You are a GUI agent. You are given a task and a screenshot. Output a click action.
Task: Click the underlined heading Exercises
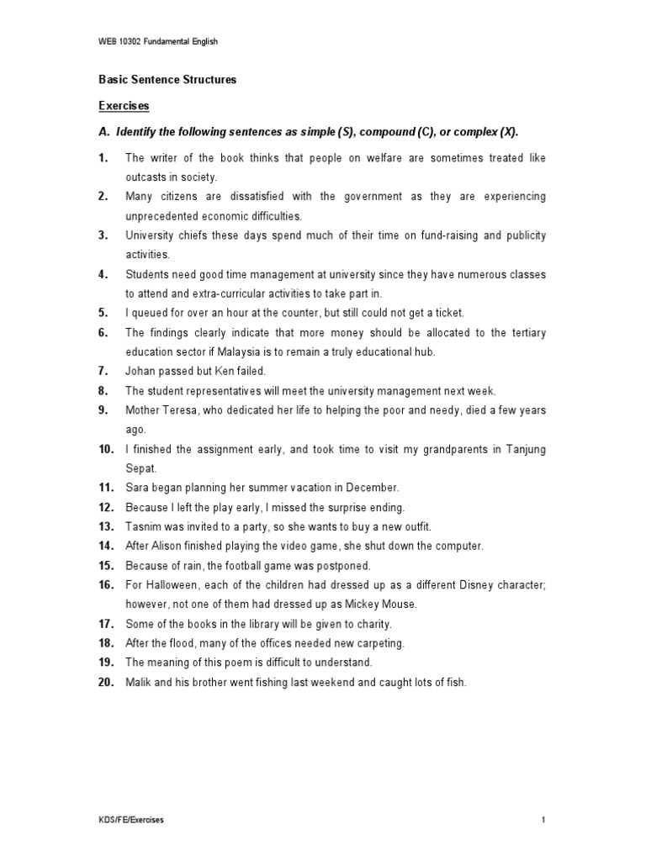(x=124, y=106)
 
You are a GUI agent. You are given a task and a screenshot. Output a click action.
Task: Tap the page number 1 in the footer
(x=544, y=820)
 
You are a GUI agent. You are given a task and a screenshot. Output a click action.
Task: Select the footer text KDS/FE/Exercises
(x=130, y=820)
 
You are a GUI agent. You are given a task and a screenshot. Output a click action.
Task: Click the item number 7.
(x=103, y=371)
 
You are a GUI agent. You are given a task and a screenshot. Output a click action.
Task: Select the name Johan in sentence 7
(x=140, y=371)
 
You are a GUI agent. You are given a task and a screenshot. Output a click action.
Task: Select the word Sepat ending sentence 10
(x=140, y=468)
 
